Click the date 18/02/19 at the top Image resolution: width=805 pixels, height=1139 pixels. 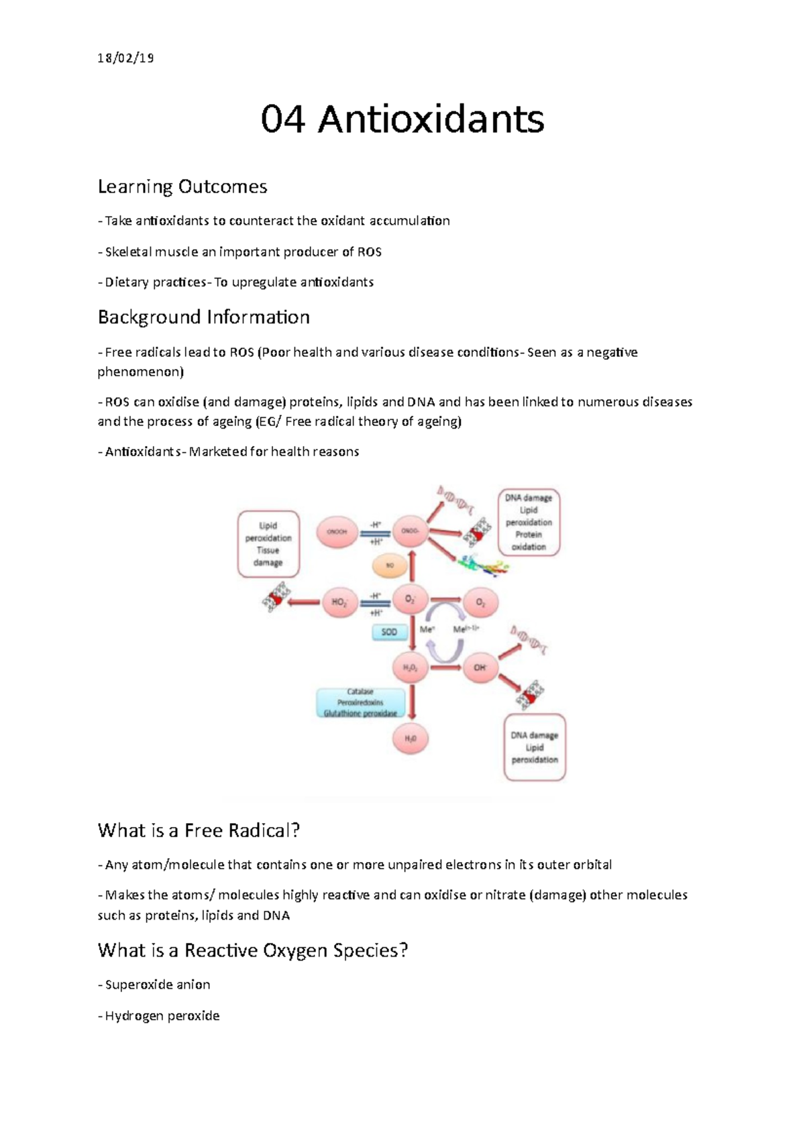(x=125, y=58)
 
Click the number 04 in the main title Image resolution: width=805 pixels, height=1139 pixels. (x=282, y=119)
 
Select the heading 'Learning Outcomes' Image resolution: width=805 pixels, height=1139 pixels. (x=182, y=186)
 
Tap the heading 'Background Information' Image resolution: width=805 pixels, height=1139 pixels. (x=203, y=317)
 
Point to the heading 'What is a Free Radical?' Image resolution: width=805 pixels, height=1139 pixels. (x=199, y=830)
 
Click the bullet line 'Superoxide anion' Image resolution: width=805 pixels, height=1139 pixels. (x=157, y=985)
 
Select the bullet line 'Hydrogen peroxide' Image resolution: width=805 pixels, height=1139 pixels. (x=162, y=1016)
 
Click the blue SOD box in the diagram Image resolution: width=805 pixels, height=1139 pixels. (x=389, y=632)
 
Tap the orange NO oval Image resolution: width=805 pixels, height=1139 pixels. (x=390, y=565)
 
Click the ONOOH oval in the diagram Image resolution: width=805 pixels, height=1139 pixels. (x=337, y=531)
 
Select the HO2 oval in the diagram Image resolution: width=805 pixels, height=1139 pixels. (x=339, y=602)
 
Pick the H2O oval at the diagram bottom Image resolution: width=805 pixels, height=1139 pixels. (x=410, y=739)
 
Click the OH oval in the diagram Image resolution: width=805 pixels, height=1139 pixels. (x=480, y=667)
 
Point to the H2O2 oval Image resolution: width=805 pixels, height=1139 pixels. (x=410, y=667)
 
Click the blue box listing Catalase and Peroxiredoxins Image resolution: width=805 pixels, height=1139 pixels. (x=360, y=702)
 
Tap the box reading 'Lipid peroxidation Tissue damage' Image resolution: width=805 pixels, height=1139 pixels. (x=268, y=544)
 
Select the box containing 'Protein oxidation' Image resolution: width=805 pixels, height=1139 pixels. (x=529, y=523)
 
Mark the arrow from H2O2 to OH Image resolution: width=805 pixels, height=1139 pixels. (x=445, y=667)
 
